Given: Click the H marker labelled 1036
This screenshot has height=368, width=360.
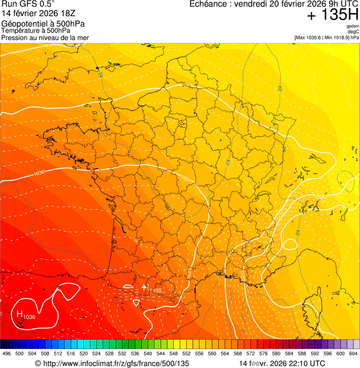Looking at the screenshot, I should (x=20, y=314).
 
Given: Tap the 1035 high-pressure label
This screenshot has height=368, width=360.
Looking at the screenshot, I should (x=155, y=291).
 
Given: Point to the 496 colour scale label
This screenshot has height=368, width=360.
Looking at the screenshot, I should (x=7, y=354).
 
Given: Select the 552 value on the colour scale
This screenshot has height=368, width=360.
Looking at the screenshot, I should (x=199, y=354).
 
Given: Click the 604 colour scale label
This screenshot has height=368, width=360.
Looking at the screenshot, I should (x=353, y=354).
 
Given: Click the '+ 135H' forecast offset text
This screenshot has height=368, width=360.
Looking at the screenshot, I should (x=332, y=15).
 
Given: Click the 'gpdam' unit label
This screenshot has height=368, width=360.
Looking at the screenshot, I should (x=353, y=26).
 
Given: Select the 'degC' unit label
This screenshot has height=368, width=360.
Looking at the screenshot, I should (x=353, y=31).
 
